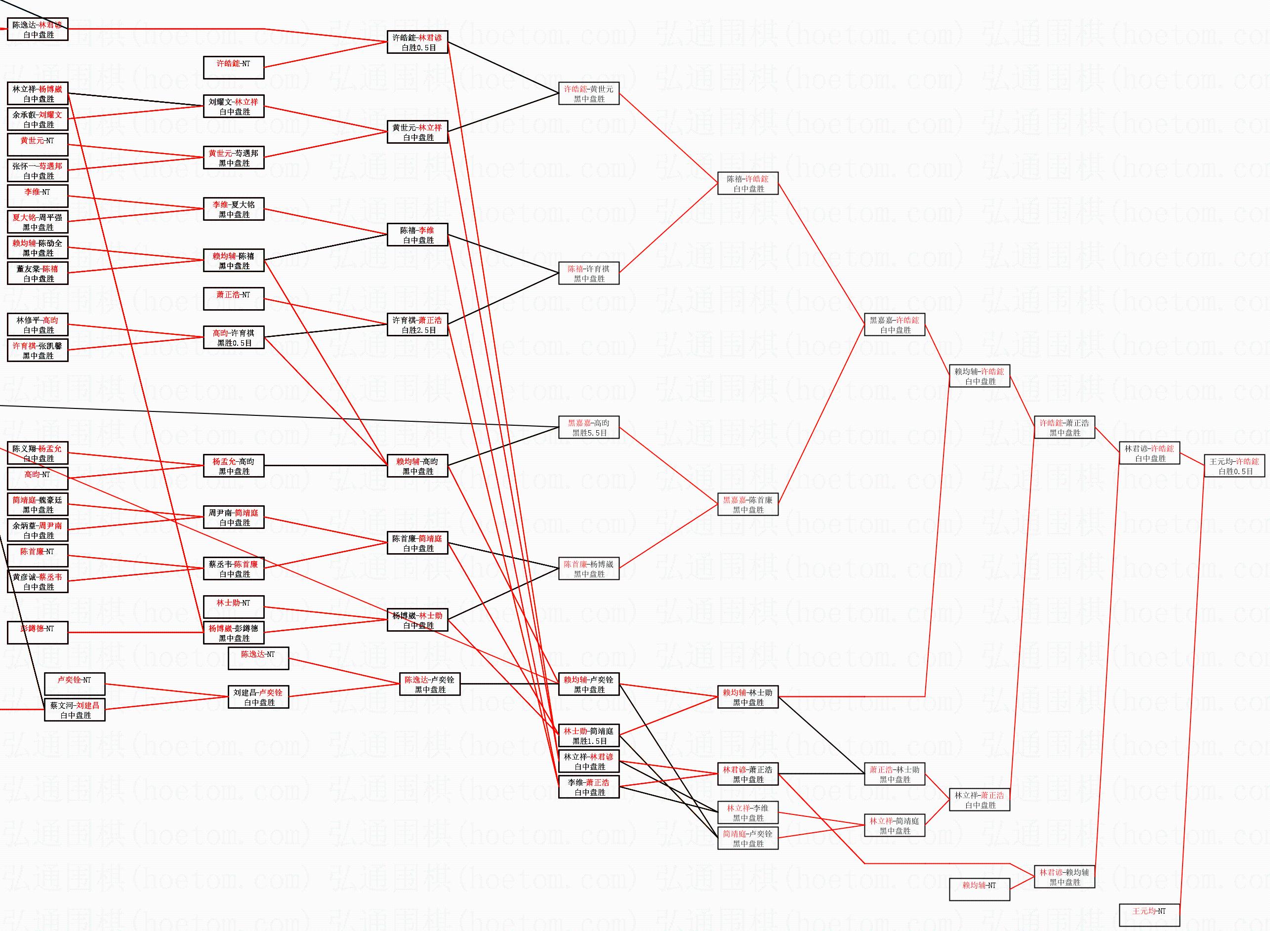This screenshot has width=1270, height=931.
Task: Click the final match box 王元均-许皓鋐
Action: pyautogui.click(x=1234, y=466)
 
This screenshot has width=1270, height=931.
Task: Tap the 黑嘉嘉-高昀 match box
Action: pyautogui.click(x=588, y=428)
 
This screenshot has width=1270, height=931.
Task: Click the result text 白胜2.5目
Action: pyautogui.click(x=418, y=330)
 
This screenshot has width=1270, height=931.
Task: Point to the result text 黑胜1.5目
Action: pyautogui.click(x=589, y=741)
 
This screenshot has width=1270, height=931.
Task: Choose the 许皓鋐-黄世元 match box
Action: pyautogui.click(x=588, y=93)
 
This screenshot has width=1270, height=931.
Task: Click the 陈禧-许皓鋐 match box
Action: pyautogui.click(x=747, y=184)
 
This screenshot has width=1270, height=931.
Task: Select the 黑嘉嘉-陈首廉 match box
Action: pyautogui.click(x=747, y=504)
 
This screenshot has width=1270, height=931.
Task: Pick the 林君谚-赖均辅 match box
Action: pyautogui.click(x=1064, y=877)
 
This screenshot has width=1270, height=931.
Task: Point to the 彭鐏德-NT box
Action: pyautogui.click(x=37, y=632)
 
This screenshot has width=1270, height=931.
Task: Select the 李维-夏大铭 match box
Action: pyautogui.click(x=233, y=209)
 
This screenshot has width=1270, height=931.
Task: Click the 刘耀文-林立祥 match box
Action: pyautogui.click(x=233, y=107)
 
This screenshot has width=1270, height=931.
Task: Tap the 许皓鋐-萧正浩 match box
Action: pyautogui.click(x=1064, y=428)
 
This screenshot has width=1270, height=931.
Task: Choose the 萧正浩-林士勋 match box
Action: pyautogui.click(x=894, y=774)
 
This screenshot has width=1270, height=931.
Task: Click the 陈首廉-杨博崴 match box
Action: pyautogui.click(x=588, y=568)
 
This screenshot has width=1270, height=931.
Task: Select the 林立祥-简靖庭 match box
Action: pyautogui.click(x=894, y=826)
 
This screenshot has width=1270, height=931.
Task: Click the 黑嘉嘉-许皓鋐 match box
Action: pyautogui.click(x=894, y=325)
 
